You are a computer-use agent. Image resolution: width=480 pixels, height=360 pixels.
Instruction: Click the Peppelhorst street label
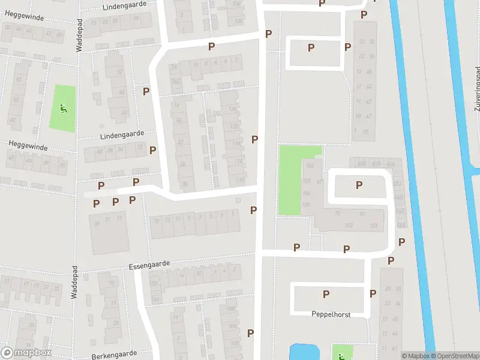click(x=331, y=314)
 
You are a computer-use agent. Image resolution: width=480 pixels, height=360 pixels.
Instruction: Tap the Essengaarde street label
click(x=149, y=263)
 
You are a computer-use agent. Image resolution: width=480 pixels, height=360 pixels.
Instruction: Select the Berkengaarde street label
click(x=115, y=355)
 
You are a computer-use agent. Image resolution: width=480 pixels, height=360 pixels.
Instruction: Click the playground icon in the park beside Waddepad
click(x=64, y=109)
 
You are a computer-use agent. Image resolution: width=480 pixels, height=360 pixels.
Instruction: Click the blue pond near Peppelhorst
click(x=305, y=352)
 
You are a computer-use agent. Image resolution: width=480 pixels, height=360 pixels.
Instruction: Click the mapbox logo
click(x=26, y=353)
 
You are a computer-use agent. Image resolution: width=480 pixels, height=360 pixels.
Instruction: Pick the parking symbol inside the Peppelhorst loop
click(x=326, y=294)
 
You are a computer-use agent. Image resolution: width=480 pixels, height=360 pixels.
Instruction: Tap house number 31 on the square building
click(x=97, y=224)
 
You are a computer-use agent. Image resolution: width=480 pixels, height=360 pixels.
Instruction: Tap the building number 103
click(x=350, y=226)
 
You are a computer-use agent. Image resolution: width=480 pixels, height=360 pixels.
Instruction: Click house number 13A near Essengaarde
click(x=158, y=288)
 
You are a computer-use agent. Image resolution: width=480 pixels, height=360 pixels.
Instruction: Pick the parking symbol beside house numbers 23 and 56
click(x=347, y=47)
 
